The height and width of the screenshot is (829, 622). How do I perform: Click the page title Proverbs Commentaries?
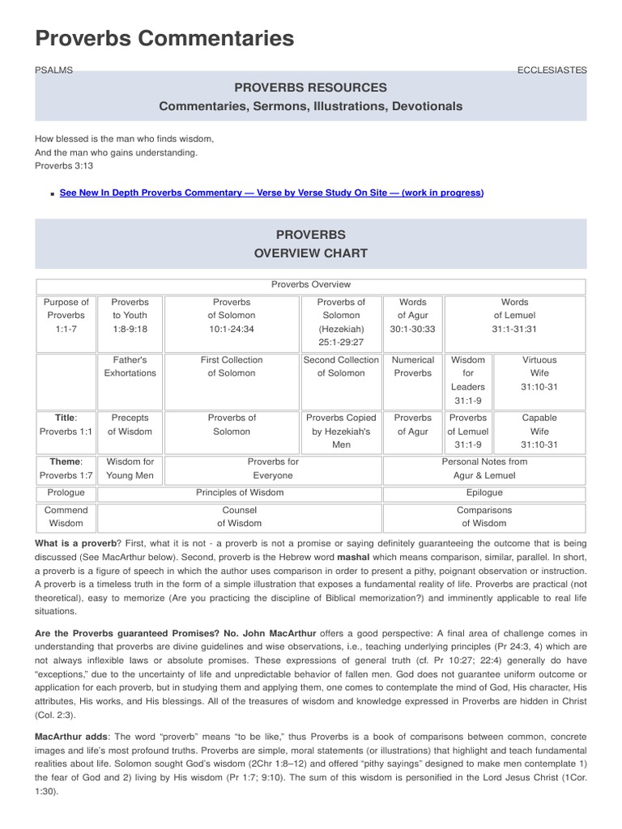pos(164,38)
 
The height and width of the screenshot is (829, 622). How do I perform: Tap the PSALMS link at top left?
pos(53,70)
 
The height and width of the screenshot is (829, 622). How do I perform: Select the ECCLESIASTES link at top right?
pos(552,70)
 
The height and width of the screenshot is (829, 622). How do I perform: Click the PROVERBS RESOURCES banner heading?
pos(310,87)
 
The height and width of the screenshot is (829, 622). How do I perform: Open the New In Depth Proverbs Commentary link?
pos(271,193)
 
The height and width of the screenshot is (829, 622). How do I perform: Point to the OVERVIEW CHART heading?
pos(310,253)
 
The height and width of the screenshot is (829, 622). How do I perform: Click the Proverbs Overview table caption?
pos(310,285)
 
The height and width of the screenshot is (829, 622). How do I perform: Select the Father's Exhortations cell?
pos(130,367)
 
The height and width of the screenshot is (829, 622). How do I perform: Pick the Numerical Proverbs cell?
pos(413,367)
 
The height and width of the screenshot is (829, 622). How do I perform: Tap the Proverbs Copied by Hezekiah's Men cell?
pos(341,432)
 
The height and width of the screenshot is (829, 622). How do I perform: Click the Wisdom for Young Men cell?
pos(130,469)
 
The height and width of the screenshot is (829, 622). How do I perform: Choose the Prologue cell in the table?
pos(66,492)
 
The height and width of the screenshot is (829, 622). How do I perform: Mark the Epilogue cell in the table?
pos(484,492)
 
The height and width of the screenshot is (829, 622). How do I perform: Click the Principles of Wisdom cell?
pos(240,492)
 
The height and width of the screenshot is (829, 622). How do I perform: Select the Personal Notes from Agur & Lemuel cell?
pos(484,469)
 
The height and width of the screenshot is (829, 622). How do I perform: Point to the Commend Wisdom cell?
pos(66,517)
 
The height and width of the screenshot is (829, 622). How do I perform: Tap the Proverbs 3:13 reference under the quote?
pos(64,166)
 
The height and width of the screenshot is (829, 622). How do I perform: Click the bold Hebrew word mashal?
pos(353,557)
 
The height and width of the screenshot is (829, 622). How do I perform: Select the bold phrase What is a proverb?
pos(75,542)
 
